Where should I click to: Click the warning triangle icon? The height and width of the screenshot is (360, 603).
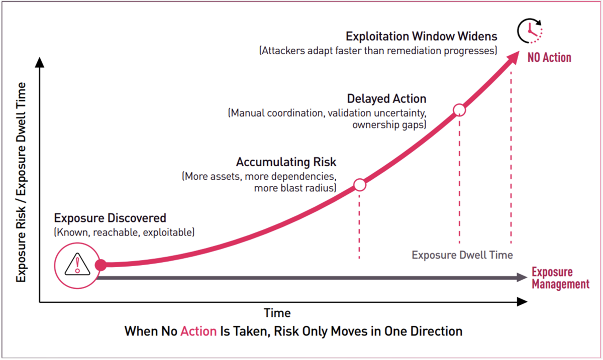click(x=77, y=265)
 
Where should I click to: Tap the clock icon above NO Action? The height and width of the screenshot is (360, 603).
click(x=530, y=31)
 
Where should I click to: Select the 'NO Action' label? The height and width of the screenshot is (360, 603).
click(x=549, y=58)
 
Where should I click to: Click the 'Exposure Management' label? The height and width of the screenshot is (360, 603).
click(x=560, y=278)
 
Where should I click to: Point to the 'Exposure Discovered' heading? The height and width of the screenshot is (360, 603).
click(x=110, y=218)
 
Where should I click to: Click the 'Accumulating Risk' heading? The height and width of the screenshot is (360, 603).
click(x=286, y=163)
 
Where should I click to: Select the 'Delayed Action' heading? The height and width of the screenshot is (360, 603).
click(x=386, y=99)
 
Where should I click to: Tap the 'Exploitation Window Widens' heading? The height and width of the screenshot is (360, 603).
click(x=422, y=37)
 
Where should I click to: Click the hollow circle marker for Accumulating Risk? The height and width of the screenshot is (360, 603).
click(x=360, y=185)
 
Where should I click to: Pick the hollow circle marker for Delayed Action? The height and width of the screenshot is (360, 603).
click(x=459, y=110)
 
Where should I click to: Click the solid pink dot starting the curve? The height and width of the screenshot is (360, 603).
click(x=100, y=265)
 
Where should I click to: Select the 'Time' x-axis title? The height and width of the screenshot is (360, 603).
click(x=277, y=313)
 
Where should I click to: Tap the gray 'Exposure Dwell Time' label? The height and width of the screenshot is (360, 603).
click(x=462, y=255)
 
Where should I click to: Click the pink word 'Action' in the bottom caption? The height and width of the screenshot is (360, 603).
click(x=198, y=331)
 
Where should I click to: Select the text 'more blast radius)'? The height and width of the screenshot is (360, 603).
click(x=295, y=188)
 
